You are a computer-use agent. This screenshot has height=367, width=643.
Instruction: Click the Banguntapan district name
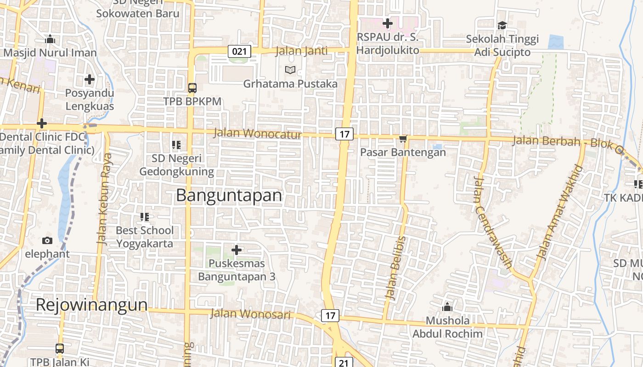[229, 195]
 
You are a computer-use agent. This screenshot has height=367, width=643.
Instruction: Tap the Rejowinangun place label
[92, 305]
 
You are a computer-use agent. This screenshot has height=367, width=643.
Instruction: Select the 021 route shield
[239, 51]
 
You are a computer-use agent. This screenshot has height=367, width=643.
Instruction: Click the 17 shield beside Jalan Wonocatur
[344, 134]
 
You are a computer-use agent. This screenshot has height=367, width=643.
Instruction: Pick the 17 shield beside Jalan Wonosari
[330, 316]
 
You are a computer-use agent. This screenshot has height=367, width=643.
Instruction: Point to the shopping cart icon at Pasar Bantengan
[403, 139]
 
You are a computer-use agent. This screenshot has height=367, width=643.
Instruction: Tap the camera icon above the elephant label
[47, 240]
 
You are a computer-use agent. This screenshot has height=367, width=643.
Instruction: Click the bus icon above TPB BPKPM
[192, 88]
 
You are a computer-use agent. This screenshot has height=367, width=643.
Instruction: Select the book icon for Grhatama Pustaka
[290, 70]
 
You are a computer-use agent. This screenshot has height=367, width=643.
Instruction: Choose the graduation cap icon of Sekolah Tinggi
[502, 25]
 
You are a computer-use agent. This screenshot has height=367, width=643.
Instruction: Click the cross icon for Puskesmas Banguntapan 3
[237, 250]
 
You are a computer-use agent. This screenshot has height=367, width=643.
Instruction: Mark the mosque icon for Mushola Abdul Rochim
[447, 307]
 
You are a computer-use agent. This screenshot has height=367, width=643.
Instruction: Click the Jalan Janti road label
[302, 51]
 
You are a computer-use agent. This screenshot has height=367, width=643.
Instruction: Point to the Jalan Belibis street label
[396, 268]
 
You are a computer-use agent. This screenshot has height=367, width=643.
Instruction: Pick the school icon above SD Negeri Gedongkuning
[176, 145]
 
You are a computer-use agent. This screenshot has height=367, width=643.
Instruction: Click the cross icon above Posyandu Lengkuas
[89, 80]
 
